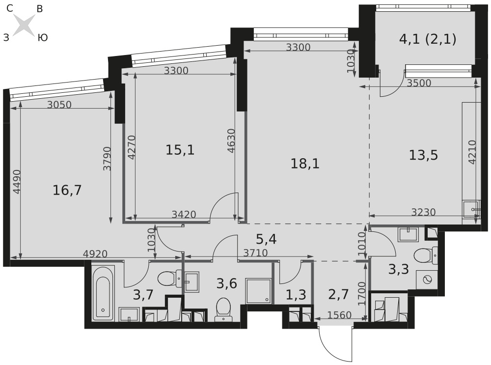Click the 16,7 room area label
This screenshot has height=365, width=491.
67,190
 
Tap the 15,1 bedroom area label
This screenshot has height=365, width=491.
180,150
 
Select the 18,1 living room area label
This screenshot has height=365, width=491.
305,164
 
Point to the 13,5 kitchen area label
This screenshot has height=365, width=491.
423,155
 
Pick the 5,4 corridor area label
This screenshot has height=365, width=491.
266,239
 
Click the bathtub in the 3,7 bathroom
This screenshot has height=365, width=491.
103,293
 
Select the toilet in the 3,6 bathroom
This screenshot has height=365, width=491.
223,309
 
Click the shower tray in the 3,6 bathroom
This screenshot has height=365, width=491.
258,291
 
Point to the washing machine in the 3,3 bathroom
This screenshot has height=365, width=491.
427,280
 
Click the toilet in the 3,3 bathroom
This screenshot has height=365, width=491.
426,255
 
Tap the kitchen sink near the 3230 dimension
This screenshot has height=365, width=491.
471,209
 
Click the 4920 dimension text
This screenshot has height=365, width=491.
95,254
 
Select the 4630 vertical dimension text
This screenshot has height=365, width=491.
231,140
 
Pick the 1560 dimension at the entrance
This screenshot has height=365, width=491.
339,314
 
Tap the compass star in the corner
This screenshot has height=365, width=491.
24,25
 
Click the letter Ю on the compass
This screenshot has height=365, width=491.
43,38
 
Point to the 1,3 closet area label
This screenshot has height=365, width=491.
296,295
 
